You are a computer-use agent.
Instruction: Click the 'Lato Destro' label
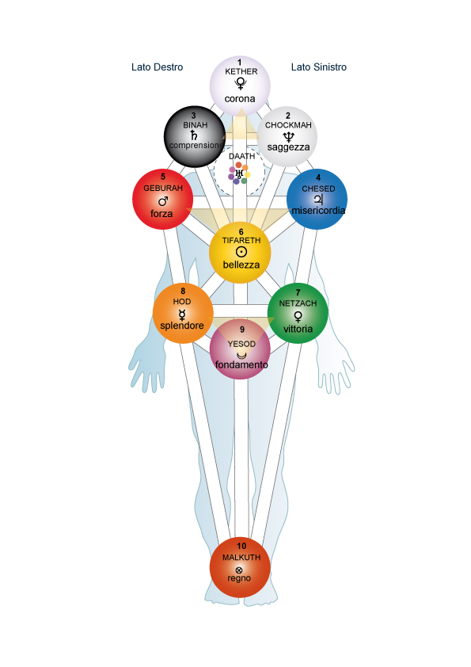click(x=157, y=67)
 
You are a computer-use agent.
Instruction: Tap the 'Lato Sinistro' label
click(x=318, y=67)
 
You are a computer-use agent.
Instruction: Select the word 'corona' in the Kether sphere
click(x=240, y=99)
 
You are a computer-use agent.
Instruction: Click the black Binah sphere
click(x=195, y=136)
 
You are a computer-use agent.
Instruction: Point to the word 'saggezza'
click(x=288, y=147)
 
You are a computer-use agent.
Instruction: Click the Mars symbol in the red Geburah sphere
click(x=163, y=200)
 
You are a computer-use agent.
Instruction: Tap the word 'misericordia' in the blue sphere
click(x=318, y=210)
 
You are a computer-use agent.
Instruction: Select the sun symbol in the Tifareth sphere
click(x=241, y=252)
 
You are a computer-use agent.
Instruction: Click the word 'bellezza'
click(x=241, y=265)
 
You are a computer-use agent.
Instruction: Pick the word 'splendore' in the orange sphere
click(x=182, y=326)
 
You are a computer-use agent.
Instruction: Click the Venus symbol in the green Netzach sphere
click(x=298, y=317)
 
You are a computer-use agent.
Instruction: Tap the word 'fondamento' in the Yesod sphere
click(x=241, y=364)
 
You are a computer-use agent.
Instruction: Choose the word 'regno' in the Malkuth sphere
click(x=239, y=578)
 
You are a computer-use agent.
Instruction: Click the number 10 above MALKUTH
click(x=241, y=546)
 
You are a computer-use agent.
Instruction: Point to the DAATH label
click(x=242, y=156)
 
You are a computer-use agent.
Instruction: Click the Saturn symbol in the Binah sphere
click(x=194, y=135)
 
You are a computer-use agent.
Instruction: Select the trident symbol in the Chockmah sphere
click(x=289, y=136)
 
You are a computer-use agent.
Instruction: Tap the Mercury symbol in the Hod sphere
click(x=182, y=314)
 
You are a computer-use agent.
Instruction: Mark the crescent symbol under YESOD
click(x=241, y=355)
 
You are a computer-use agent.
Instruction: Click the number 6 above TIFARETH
click(x=241, y=232)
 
